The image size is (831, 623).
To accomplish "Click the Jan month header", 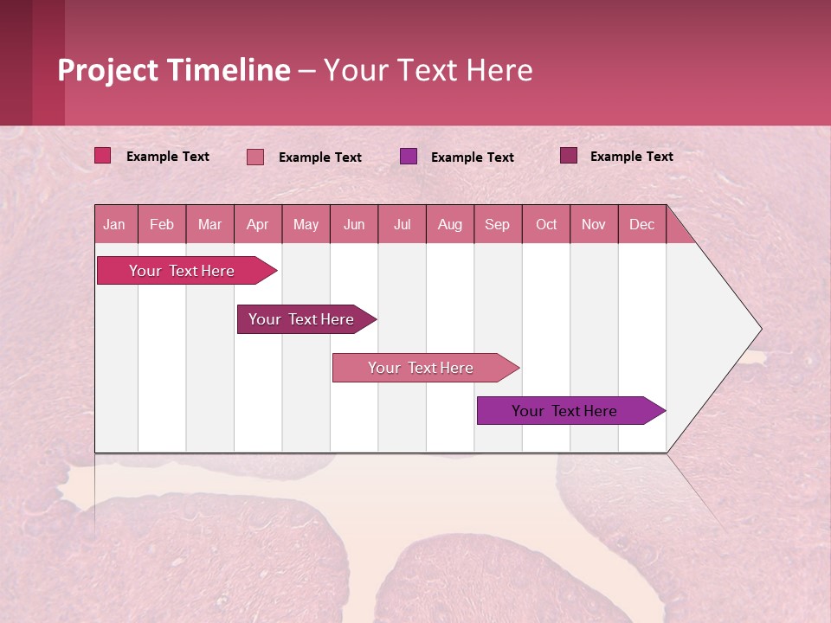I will point(115,224).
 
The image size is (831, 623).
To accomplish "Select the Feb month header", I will point(162,224).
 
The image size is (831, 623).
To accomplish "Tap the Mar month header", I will point(209,224).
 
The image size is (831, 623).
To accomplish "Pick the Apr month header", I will point(258,224).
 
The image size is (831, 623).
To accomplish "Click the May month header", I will point(306,224).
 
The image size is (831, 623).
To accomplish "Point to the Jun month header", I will point(354,224).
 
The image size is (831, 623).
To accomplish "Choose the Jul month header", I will point(402,224).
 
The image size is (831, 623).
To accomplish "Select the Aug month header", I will point(450,224).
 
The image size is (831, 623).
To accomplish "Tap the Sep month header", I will point(498,224).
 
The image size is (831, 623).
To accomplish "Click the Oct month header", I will point(546,224).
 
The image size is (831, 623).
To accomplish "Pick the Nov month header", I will point(594,224).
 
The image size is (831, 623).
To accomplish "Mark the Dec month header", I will point(641,224).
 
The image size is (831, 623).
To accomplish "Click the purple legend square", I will point(409,157).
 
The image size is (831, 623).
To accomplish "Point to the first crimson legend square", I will point(103,156).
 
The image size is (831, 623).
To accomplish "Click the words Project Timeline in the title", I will point(174,70).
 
